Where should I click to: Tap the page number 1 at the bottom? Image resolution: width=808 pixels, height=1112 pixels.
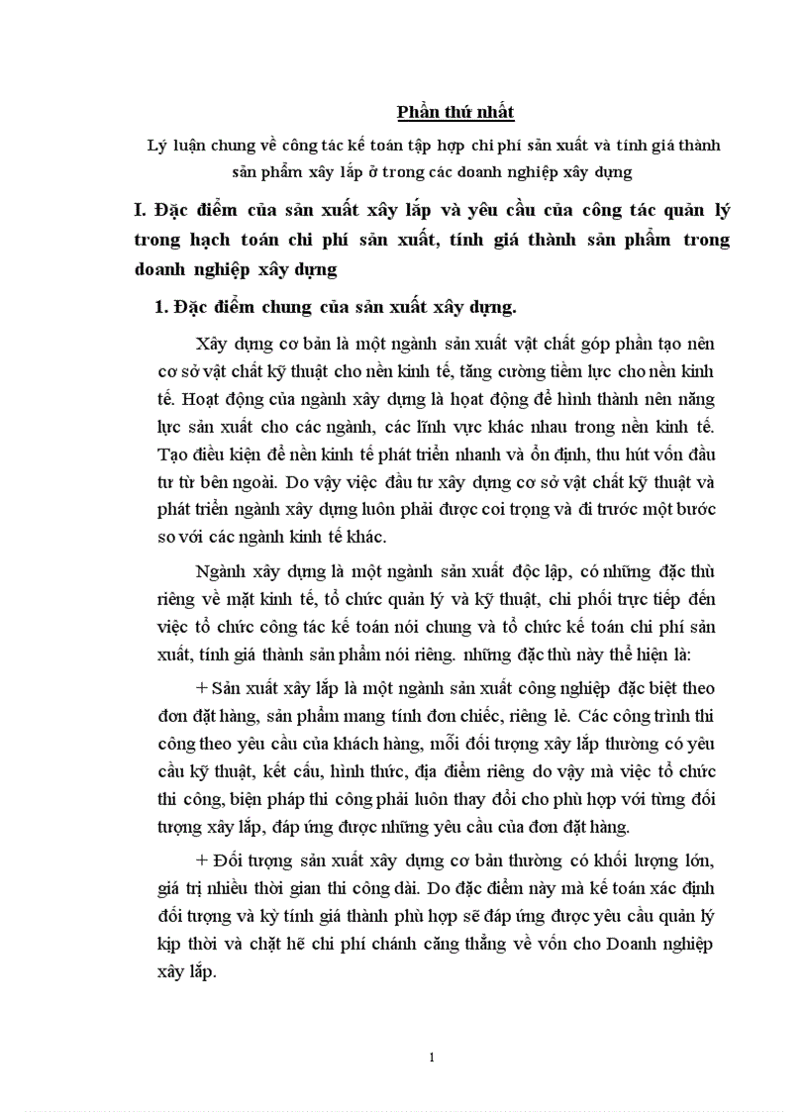[432, 1058]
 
